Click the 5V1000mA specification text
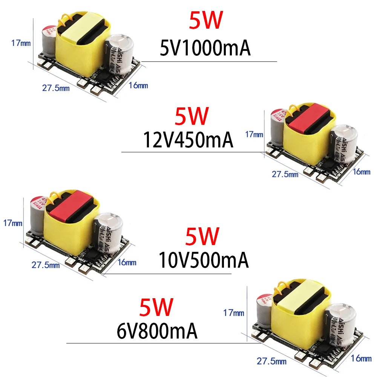(x=205, y=49)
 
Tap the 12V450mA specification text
(x=188, y=140)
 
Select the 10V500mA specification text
(x=204, y=260)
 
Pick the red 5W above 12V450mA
(x=191, y=116)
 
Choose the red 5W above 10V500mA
(x=202, y=237)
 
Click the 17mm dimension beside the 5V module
(x=21, y=43)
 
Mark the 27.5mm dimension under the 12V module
(x=285, y=174)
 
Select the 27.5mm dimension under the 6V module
(x=271, y=362)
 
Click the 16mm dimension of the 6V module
(x=361, y=358)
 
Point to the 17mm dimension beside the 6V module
(x=234, y=313)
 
